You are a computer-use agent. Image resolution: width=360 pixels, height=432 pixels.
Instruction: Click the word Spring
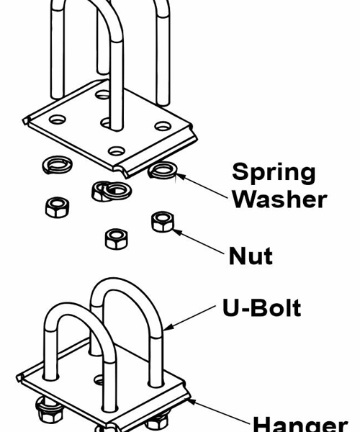point(274,173)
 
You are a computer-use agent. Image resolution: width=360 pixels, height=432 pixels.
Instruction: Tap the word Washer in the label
point(279,199)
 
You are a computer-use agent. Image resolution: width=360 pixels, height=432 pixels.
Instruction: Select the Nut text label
point(251,256)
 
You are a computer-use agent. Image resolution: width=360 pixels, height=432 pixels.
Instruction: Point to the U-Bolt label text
point(261,307)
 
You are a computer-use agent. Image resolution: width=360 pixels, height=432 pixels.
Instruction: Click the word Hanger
point(300,424)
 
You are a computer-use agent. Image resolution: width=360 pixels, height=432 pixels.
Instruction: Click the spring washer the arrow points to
point(163,170)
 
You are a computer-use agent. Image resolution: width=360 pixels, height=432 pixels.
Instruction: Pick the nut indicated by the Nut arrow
point(163,222)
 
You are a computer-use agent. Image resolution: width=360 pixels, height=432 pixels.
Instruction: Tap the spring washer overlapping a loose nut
point(117,191)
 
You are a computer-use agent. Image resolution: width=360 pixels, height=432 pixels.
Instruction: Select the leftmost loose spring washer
point(58,165)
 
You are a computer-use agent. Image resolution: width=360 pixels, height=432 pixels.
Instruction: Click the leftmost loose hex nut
point(58,207)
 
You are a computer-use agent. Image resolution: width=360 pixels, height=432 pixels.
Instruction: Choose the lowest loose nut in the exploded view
point(116,239)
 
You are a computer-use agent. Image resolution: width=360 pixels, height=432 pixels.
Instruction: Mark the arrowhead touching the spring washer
point(181,176)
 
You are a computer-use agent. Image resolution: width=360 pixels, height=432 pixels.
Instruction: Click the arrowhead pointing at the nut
point(178,233)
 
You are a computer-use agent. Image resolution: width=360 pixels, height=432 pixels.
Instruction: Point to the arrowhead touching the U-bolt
point(168,327)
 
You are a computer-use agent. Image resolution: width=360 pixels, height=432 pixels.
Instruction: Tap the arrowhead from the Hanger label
point(192,402)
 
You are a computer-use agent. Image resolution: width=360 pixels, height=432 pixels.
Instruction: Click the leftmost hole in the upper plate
point(58,120)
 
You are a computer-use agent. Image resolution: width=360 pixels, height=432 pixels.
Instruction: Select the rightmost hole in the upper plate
point(163,126)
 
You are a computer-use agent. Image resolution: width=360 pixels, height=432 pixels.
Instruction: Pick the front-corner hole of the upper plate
point(116,150)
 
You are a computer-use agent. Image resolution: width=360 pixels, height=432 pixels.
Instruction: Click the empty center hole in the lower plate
point(99,380)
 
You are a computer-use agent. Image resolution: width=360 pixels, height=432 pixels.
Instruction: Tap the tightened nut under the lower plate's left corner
point(50,410)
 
